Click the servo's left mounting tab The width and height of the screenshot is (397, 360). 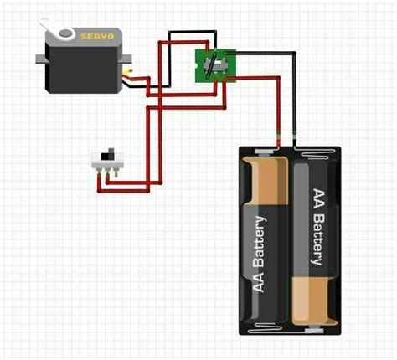[42, 59]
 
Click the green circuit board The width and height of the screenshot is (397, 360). [215, 64]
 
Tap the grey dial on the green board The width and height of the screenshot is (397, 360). [216, 64]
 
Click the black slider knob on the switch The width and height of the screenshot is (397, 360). [106, 155]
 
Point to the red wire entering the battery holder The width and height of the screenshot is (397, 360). [277, 134]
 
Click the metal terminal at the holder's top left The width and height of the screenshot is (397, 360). [263, 153]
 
